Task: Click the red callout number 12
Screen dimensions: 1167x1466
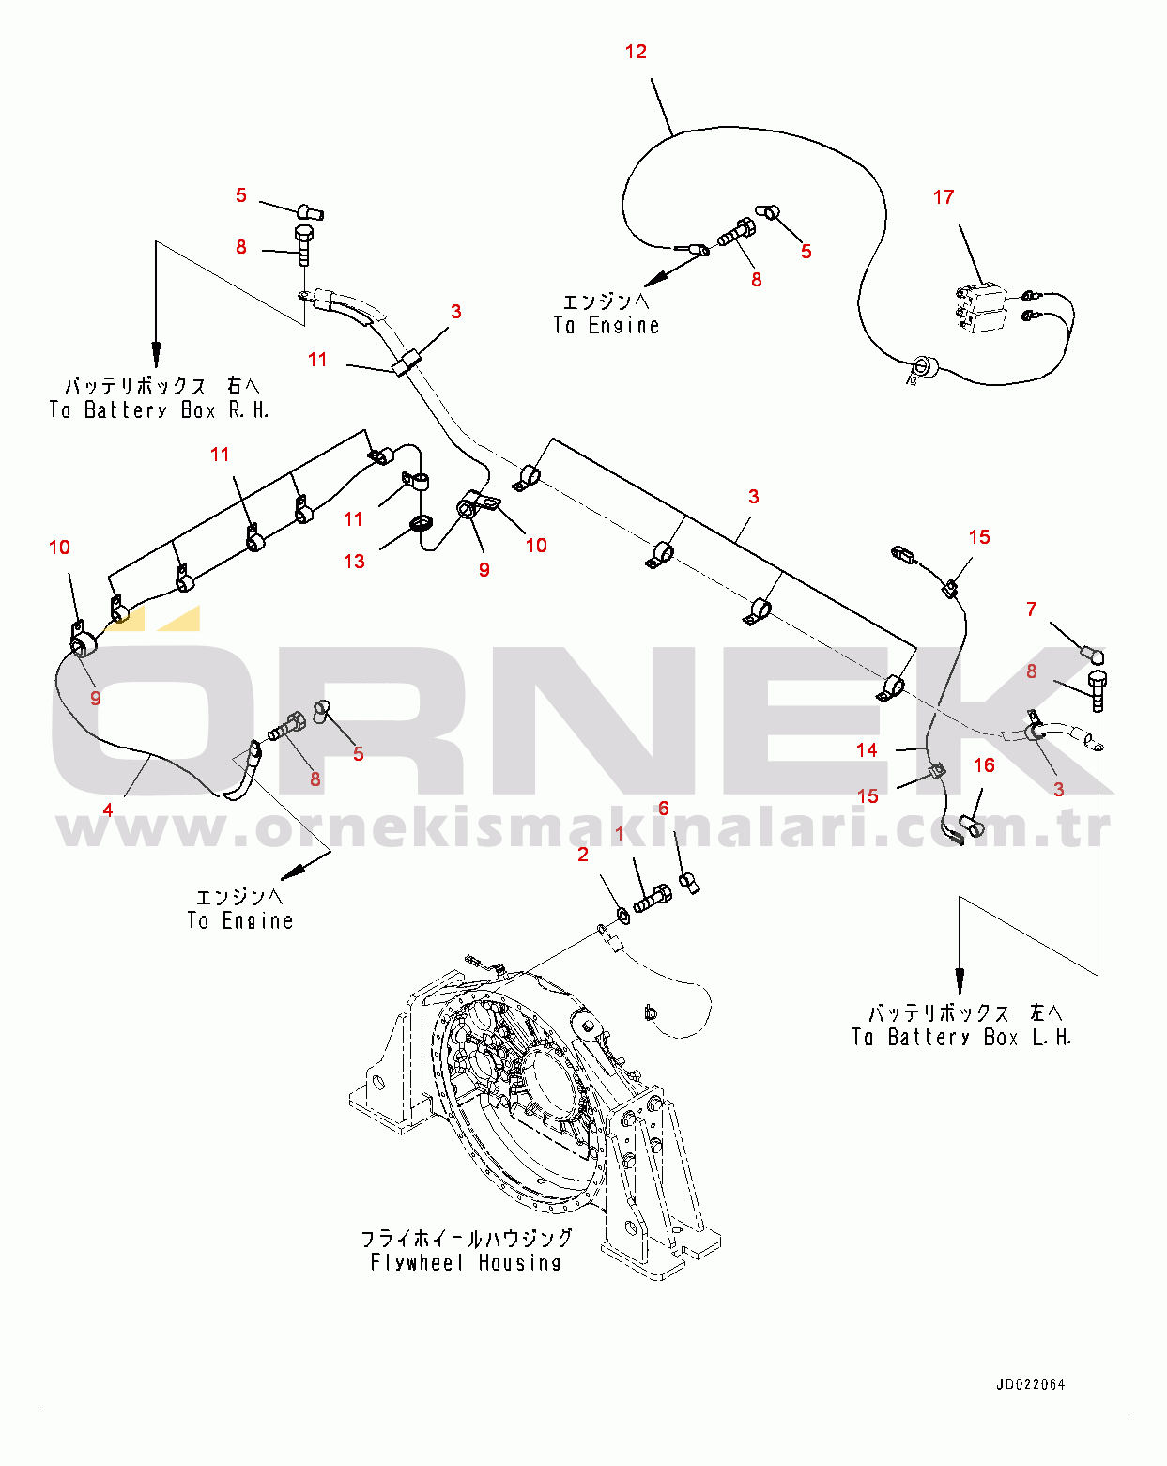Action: [x=636, y=51]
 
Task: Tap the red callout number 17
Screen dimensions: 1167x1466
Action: [x=943, y=197]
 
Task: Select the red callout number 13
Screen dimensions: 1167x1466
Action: [x=354, y=562]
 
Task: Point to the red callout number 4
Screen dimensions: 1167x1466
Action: [x=108, y=810]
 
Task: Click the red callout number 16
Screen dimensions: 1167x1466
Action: [x=984, y=765]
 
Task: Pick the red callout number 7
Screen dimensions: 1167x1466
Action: [x=1032, y=609]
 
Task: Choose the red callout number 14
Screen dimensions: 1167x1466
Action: [x=867, y=750]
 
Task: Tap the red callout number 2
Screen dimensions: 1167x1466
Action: [x=582, y=855]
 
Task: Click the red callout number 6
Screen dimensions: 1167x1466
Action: [x=664, y=809]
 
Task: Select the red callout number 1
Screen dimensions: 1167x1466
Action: [x=620, y=834]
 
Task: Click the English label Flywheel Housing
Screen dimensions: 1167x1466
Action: [x=466, y=1262]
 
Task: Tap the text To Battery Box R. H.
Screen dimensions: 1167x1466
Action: [x=160, y=410]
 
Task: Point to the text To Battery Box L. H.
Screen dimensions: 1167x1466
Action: [x=961, y=1038]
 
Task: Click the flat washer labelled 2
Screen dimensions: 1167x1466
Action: [x=622, y=914]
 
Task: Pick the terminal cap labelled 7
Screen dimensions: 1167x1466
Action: [x=1094, y=655]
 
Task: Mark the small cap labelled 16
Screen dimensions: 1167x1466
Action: [x=972, y=826]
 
